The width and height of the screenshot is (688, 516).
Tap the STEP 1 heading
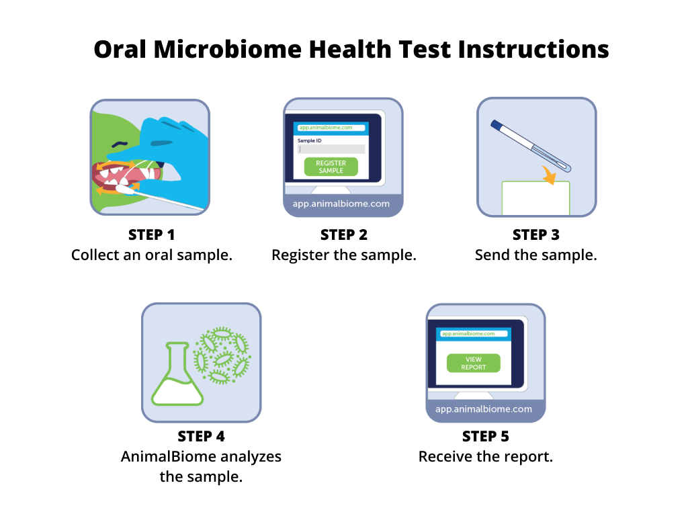click(151, 235)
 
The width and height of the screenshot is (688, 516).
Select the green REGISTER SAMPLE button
click(331, 167)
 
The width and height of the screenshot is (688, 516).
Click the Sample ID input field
click(331, 149)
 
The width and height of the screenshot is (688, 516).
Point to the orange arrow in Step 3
click(550, 177)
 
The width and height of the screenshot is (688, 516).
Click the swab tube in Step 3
click(530, 144)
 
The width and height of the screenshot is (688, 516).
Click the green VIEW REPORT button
click(474, 363)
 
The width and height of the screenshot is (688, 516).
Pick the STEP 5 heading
click(485, 437)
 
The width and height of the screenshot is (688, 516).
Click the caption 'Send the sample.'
click(535, 255)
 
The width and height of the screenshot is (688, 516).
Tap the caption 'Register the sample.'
click(343, 255)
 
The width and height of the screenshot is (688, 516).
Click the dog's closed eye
click(118, 143)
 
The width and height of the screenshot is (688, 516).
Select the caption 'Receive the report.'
click(485, 457)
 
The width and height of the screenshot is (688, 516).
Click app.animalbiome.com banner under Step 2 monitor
click(341, 204)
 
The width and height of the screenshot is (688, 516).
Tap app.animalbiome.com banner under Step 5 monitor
click(484, 409)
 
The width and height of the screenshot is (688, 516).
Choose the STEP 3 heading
click(535, 235)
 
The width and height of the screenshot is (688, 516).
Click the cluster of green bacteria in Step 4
click(220, 355)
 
